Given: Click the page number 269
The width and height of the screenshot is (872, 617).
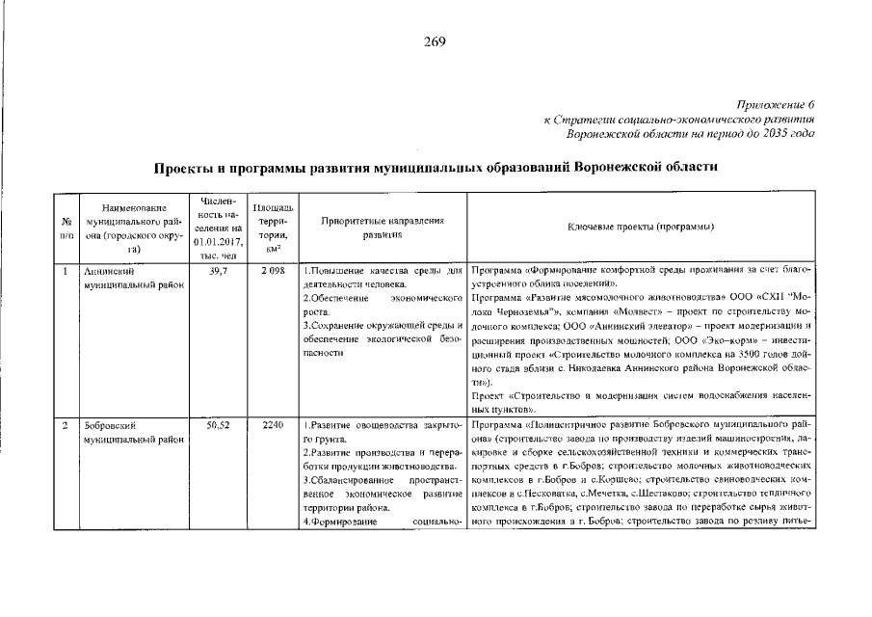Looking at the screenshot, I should pos(435,41).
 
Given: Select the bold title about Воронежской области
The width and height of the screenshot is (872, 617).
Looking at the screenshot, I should pos(436,168).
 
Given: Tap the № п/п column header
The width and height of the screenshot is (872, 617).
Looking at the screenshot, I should pos(66,228).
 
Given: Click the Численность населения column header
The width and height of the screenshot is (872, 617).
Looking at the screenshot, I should pos(218,228).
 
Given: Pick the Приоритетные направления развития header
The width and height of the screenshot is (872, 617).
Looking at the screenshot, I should pos(382,228).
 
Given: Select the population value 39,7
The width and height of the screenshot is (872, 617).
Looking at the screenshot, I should pos(218,272).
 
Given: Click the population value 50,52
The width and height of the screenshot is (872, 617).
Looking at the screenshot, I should pos(218,425).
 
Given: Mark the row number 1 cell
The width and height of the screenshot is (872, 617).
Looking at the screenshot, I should pos(65,272).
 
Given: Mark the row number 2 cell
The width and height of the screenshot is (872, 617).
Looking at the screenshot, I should pos(65,425).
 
